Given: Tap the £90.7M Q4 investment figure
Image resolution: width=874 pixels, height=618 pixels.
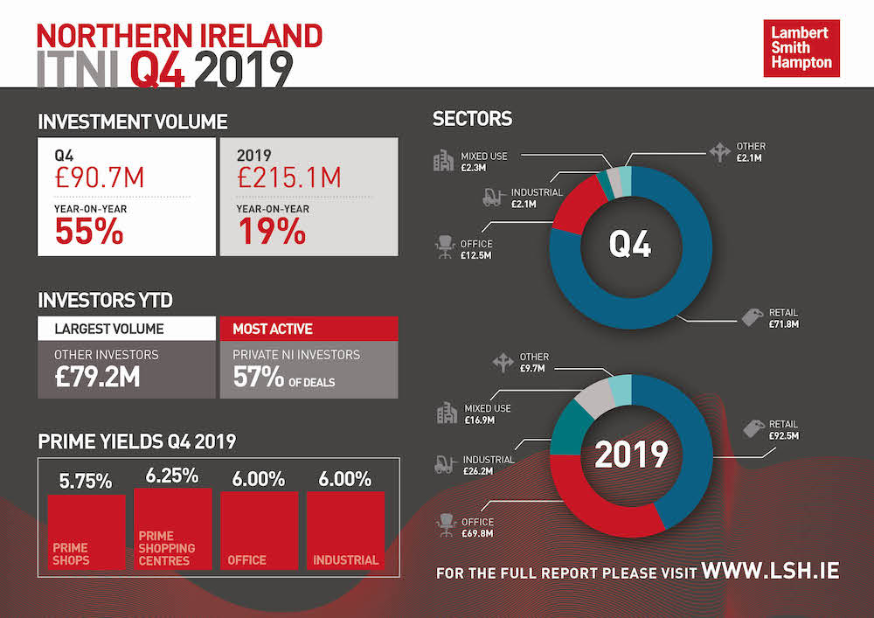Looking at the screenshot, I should click(x=99, y=179).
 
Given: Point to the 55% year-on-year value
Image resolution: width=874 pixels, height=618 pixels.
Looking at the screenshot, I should click(x=89, y=232).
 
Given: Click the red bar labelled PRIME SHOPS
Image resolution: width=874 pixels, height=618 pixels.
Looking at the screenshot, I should click(x=87, y=531).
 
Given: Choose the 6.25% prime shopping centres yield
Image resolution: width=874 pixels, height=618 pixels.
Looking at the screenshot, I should click(x=172, y=476).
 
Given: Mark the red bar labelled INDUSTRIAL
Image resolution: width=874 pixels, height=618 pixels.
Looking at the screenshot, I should click(x=346, y=531).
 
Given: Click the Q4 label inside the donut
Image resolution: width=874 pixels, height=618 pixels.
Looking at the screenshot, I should click(x=629, y=246).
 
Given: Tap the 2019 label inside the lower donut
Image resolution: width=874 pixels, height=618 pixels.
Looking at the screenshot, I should click(x=631, y=455).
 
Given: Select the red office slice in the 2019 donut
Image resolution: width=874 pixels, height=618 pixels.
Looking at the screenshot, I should click(x=603, y=511).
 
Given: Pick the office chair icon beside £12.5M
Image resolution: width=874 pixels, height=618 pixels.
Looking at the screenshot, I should click(x=444, y=249).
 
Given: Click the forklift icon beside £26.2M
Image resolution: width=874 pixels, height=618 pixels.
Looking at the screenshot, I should click(x=444, y=464).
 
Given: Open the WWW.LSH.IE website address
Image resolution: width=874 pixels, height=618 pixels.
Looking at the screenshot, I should click(x=770, y=571).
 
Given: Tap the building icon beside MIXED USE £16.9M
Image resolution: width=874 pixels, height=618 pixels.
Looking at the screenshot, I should click(x=446, y=413).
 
